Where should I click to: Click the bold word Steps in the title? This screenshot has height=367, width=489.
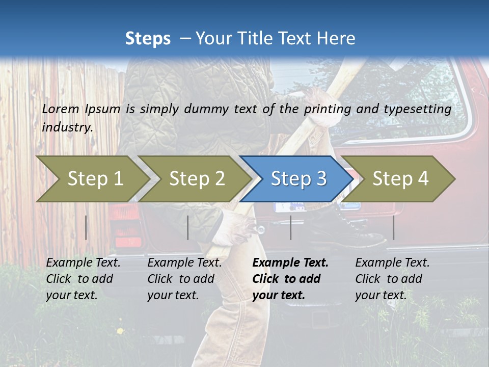(148, 38)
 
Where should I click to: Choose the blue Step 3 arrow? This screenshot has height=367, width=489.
(298, 178)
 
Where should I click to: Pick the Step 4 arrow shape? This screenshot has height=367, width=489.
(400, 178)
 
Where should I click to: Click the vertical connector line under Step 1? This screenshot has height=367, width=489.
(86, 227)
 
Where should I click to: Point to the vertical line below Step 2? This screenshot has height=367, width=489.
(188, 227)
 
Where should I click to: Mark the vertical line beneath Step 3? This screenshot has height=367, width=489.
(290, 227)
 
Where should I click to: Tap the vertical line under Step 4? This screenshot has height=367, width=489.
(393, 227)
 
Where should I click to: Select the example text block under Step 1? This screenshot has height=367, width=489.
(83, 279)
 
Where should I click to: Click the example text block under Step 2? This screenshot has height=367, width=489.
(184, 279)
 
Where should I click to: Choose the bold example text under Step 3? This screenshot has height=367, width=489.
(290, 279)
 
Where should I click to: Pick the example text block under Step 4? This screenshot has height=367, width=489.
(392, 279)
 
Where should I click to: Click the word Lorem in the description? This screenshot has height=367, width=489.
(61, 109)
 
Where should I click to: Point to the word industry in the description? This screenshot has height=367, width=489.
(67, 127)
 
